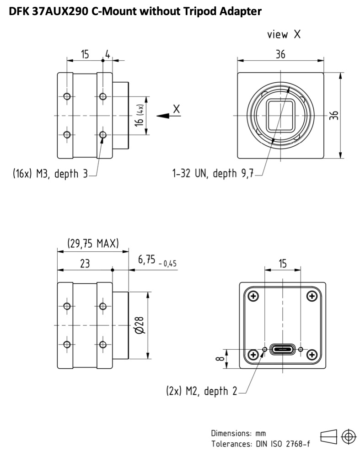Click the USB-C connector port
(x=282, y=349)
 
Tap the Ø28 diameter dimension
(x=140, y=325)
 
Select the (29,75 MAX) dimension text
(x=93, y=243)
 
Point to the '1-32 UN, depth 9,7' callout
(x=213, y=173)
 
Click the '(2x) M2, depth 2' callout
(x=202, y=391)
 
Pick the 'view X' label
(x=284, y=34)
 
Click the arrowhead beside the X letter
(x=163, y=116)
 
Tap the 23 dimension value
(x=85, y=263)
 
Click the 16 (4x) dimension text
(x=140, y=115)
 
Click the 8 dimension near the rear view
(x=220, y=359)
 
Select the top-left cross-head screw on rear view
(x=253, y=296)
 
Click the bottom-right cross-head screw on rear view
(x=312, y=354)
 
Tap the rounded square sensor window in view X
(x=280, y=116)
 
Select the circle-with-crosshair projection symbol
(x=349, y=436)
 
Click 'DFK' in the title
(x=18, y=11)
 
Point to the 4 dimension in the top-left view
(x=107, y=54)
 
